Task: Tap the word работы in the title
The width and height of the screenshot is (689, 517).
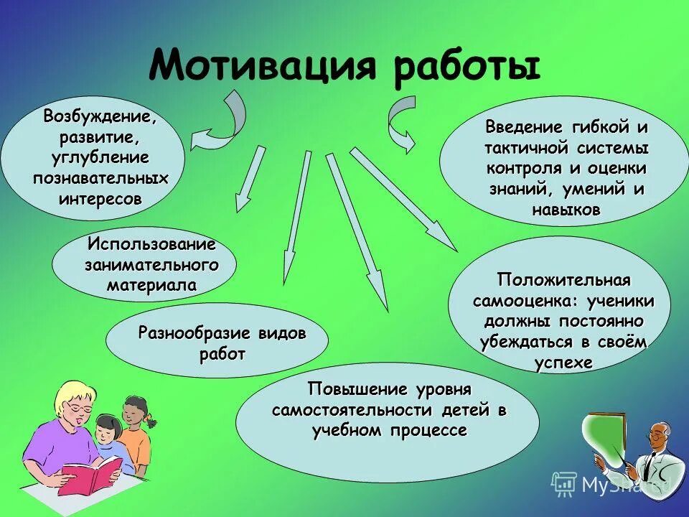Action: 466,66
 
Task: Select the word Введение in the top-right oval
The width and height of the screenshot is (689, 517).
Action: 523,127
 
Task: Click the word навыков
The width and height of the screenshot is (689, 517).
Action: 566,210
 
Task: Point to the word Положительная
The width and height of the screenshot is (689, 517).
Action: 563,279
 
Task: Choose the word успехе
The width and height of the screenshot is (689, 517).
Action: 563,362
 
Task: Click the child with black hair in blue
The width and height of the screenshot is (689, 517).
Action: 106,435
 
